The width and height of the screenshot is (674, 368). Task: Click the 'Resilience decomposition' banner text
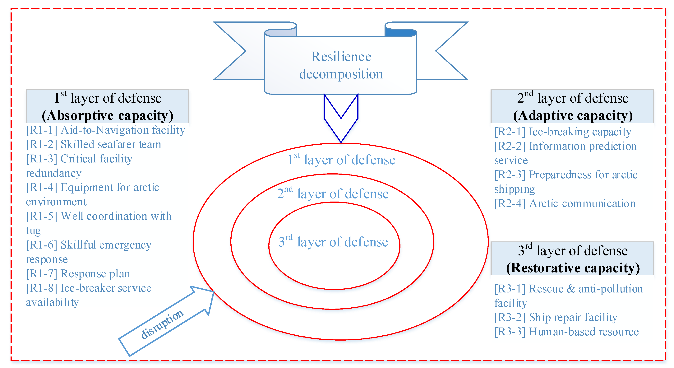[341, 65]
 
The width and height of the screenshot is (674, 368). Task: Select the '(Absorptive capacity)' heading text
[107, 115]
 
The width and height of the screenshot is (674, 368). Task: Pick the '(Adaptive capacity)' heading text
[573, 115]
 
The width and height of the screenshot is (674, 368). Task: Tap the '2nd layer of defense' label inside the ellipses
[333, 194]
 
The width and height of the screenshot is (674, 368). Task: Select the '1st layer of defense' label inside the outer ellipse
[341, 160]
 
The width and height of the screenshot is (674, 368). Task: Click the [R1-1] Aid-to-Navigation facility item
[105, 130]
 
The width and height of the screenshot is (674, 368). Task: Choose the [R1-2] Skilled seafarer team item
[93, 144]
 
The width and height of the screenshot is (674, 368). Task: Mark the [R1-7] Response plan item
[78, 274]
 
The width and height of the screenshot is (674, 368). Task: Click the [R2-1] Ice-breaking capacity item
[563, 132]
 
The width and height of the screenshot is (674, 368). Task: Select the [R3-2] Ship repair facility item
[556, 318]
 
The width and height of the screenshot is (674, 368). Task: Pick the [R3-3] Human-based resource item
[566, 332]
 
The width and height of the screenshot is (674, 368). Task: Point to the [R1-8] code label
[42, 288]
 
